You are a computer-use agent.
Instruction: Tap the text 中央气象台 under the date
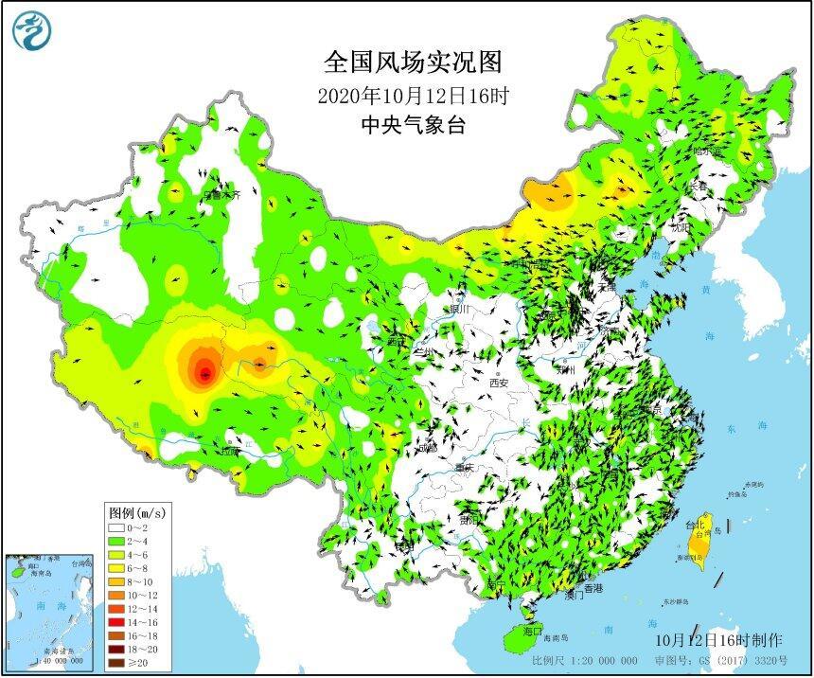[414, 125]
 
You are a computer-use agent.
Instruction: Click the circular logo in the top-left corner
[30, 30]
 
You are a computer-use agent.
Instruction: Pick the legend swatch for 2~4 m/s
[115, 540]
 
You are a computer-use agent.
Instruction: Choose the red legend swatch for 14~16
[115, 623]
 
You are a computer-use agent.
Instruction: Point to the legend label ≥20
[141, 665]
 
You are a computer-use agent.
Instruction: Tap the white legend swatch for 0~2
[115, 526]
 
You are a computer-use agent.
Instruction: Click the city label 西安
[500, 383]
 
